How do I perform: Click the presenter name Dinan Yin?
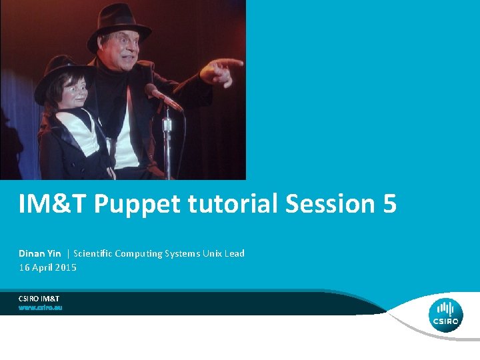pos(40,253)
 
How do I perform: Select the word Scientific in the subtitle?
pos(93,253)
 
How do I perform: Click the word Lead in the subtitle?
pos(235,253)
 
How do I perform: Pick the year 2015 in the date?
pos(65,267)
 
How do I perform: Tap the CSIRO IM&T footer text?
pos(39,298)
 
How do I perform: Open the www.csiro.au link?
pos(40,308)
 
